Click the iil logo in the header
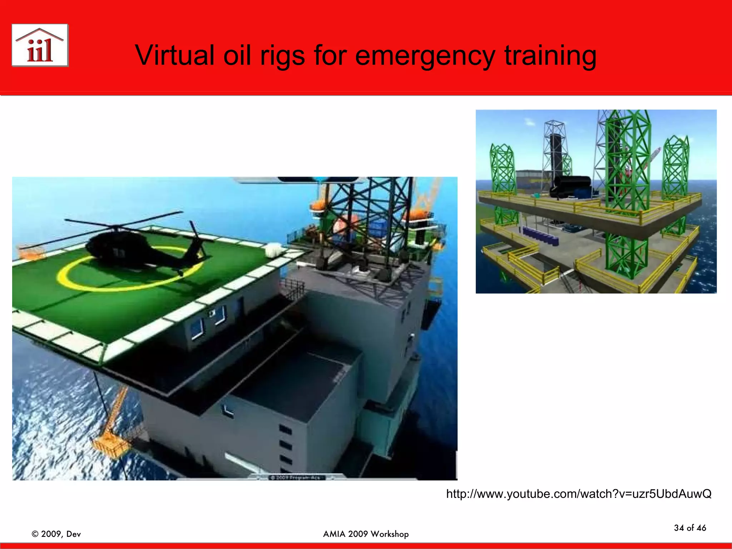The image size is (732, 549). [40, 45]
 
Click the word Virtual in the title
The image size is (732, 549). [174, 55]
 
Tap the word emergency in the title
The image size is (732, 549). [425, 56]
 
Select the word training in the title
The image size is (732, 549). [550, 56]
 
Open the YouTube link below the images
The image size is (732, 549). [579, 494]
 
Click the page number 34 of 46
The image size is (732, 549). [690, 528]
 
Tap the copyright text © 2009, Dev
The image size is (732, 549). [56, 534]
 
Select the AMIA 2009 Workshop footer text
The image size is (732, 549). [366, 534]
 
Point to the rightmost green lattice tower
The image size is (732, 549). [675, 168]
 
